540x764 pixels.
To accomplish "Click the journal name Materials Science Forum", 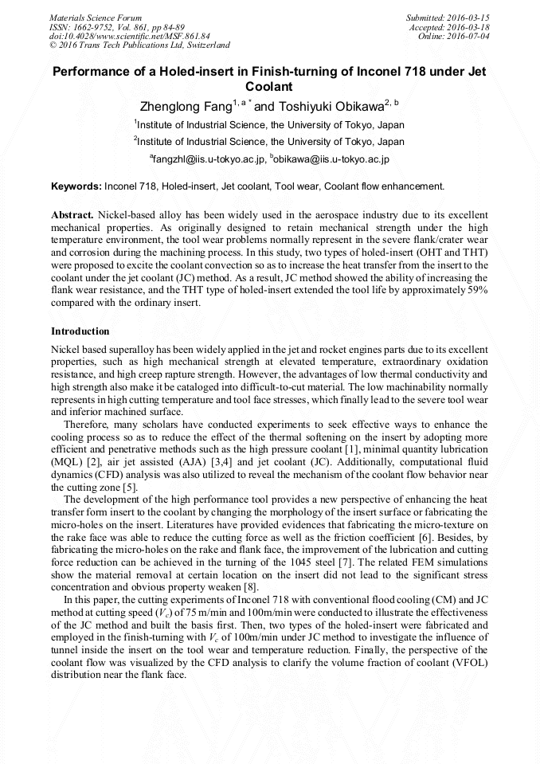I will click(96, 17).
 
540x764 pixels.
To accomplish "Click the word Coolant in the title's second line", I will click(269, 86).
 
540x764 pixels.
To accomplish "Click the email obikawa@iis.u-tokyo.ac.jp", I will click(331, 160).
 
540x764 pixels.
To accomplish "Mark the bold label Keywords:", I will click(76, 186).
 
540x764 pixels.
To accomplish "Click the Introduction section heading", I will click(80, 331).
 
